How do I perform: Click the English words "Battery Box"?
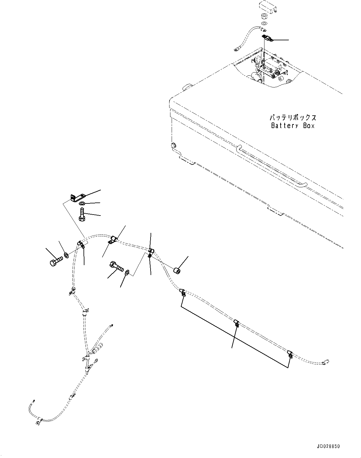coord(293,126)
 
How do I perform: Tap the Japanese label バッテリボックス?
coord(293,118)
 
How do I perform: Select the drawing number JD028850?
coord(328,446)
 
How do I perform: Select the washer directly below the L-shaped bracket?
coord(82,204)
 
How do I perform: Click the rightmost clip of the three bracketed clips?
coord(290,354)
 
